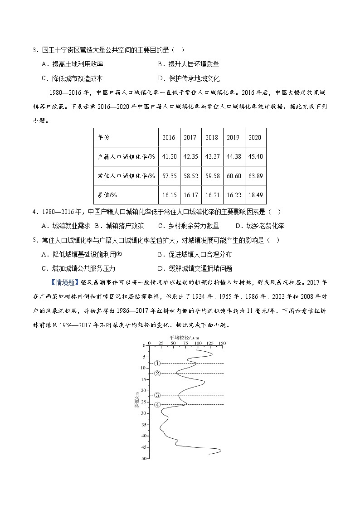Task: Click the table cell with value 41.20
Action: [169, 156]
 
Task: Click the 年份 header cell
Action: [104, 137]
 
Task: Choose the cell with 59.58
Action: [212, 175]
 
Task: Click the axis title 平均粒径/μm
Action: [185, 338]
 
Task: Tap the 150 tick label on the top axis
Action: [222, 343]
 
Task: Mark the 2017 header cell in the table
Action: [190, 137]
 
